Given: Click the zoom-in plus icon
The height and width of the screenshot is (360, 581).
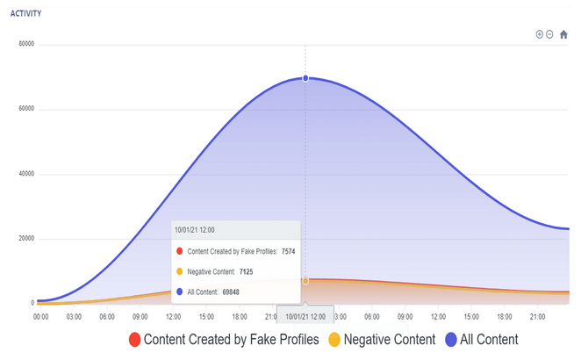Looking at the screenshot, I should (540, 34).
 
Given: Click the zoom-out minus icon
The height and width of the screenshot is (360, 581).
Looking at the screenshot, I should (549, 34).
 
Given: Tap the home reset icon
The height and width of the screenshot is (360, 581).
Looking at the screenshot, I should (563, 34).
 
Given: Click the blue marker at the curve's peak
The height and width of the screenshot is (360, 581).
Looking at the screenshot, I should (305, 78).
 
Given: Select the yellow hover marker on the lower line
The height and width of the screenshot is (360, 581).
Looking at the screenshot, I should (305, 281).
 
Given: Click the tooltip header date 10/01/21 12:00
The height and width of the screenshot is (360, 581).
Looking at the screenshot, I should (195, 230).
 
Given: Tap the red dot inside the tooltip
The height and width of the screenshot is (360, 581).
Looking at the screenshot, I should (180, 251).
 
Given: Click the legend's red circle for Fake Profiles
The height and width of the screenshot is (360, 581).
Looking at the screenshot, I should (134, 340).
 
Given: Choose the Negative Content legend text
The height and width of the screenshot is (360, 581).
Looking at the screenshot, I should (389, 340).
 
